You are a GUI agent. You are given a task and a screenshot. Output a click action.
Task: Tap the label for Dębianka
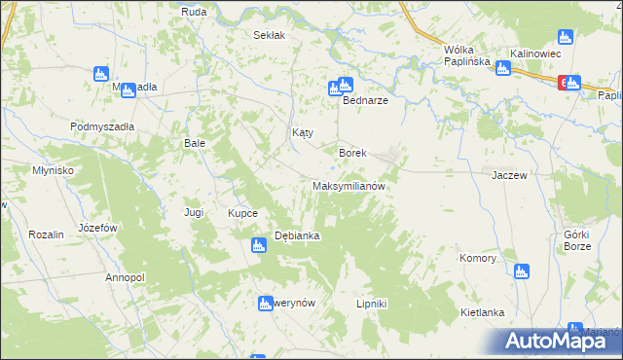coord(298,235)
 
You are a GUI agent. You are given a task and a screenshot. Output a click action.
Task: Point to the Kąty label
coord(303,132)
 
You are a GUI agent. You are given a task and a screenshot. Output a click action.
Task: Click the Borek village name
coord(351,153)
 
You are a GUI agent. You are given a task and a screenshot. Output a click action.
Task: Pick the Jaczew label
coord(509,175)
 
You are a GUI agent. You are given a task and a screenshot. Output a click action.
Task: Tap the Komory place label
coord(478,259)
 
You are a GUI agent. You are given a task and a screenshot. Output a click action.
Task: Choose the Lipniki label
coord(372,304)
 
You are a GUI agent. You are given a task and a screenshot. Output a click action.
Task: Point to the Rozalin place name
coord(46,234)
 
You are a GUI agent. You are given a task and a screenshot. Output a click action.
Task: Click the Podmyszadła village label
coord(102,126)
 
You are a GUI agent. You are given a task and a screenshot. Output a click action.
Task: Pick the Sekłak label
coord(269,35)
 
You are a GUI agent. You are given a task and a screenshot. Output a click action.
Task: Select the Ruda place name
coord(193,12)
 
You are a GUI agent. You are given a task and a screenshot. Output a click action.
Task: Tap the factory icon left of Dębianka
coord(259,246)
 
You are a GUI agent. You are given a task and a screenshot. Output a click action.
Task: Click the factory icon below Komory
coord(521,271)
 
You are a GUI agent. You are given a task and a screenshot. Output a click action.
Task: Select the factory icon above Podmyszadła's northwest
coord(100,74)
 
